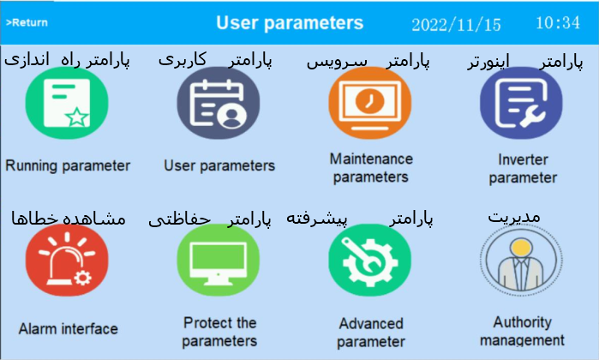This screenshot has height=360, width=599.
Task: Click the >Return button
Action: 27,22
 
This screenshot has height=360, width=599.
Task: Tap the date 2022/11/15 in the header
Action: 456,25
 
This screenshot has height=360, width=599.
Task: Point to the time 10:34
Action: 558,22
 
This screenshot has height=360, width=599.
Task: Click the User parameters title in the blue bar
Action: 290,23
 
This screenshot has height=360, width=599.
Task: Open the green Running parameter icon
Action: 67,103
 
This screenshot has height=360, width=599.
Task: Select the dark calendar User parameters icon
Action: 219,103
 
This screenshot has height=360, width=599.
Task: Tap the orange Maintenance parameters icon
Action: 370,103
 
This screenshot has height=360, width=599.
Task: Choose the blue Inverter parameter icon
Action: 521,103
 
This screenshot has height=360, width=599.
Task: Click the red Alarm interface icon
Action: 67,260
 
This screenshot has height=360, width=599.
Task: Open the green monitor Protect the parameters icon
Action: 219,260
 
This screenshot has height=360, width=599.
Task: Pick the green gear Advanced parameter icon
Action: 370,260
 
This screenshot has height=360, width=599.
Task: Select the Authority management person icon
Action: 521,260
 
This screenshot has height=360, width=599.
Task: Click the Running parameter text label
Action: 68,166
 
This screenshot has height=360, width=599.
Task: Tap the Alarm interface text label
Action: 69,328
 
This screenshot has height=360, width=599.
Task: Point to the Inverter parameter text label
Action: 523,169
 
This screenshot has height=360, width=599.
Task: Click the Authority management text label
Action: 522,331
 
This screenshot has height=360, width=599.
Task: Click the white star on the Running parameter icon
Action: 77,117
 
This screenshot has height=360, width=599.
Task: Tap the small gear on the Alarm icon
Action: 82,278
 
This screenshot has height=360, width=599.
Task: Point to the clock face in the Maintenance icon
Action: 370,101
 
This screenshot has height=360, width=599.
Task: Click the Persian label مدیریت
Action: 514,218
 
